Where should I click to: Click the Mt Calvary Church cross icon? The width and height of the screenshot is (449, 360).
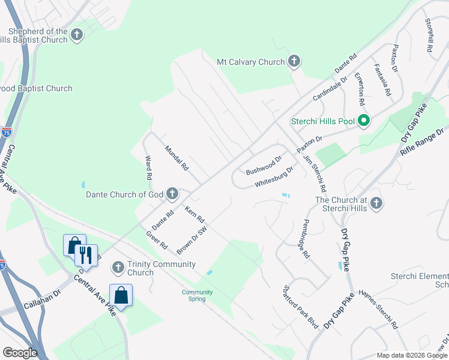[x=294, y=61]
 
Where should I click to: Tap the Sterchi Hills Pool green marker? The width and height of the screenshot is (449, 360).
[x=363, y=121]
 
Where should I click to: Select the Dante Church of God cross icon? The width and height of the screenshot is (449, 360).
[x=172, y=193]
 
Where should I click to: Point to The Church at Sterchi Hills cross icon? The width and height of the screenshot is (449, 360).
[x=376, y=203]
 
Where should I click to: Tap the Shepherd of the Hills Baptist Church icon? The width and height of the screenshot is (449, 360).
[x=76, y=35]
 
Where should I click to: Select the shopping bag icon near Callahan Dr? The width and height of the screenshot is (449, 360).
[x=121, y=295]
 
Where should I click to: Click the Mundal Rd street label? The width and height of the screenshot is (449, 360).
[x=176, y=158]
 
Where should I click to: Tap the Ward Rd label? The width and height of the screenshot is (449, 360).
[x=148, y=169]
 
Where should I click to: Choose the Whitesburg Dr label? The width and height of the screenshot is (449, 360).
[x=274, y=176]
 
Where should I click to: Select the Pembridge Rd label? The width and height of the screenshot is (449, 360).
[x=306, y=243]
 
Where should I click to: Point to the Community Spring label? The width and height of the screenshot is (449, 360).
[x=197, y=295]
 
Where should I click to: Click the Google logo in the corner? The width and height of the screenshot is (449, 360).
[x=20, y=352]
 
